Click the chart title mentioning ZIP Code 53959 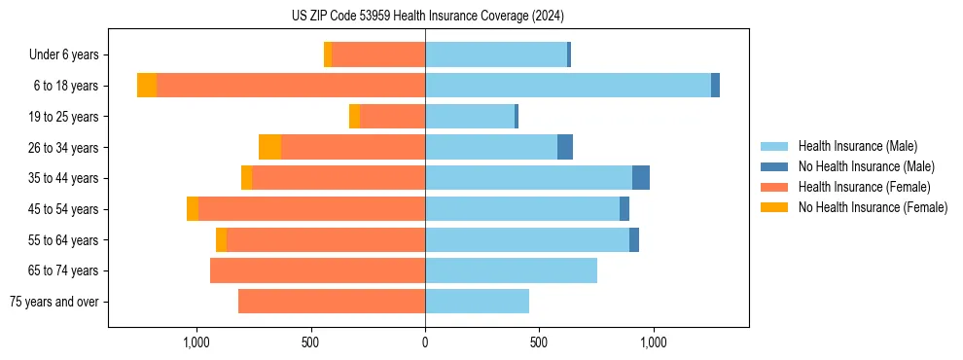click(x=427, y=16)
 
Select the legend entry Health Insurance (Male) click(x=857, y=146)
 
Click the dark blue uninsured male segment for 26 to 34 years click(x=565, y=147)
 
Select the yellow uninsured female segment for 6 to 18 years click(x=147, y=86)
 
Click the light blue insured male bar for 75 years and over click(x=477, y=302)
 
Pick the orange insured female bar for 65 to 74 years click(x=317, y=270)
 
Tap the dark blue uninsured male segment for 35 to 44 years click(x=641, y=178)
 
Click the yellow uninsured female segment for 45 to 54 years click(x=193, y=209)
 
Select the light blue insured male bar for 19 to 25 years click(x=470, y=117)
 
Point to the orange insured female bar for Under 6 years click(x=378, y=54)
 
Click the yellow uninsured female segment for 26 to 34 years click(x=269, y=147)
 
